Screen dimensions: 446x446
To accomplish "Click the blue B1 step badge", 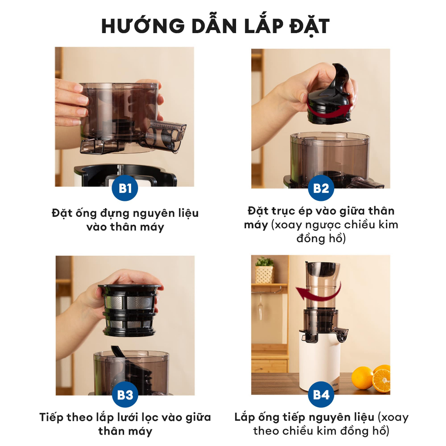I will [125, 189].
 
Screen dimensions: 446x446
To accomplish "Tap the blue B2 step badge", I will [321, 189].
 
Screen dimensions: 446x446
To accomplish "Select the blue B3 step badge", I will [125, 395].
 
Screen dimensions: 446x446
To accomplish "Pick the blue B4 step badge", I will [321, 395].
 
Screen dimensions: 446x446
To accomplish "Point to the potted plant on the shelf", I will [264, 270].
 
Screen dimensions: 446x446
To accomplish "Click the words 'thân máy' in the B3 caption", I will [125, 431].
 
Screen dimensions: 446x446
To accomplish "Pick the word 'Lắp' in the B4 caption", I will [244, 417].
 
